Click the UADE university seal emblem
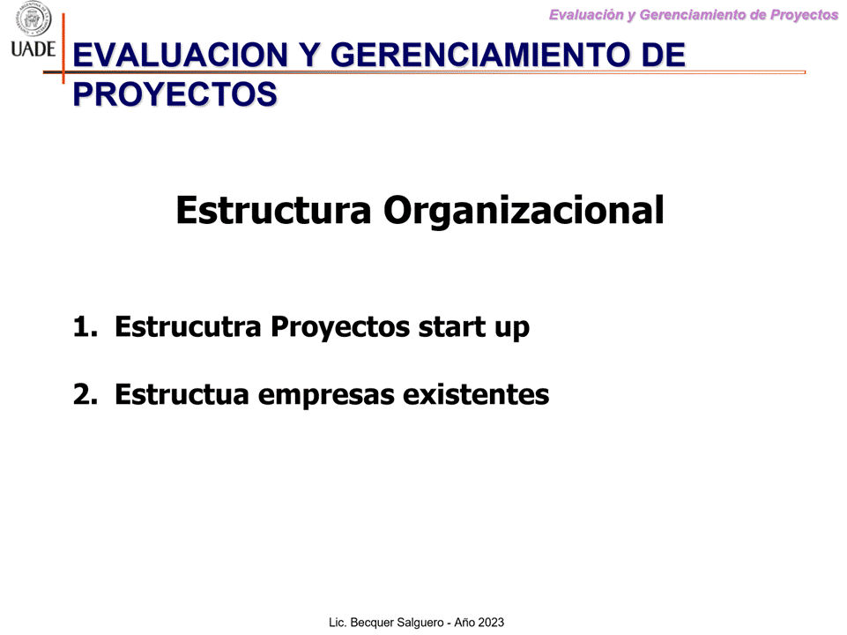point(33,19)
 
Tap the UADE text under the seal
point(33,49)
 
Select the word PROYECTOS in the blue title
point(175,94)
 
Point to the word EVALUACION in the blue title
point(181,56)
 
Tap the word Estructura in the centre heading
point(274,210)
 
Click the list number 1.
point(85,327)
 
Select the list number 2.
point(85,394)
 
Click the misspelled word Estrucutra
point(188,327)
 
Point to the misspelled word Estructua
point(182,394)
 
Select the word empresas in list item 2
point(326,396)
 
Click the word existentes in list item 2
point(477,394)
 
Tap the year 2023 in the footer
point(491,623)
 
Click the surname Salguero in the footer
point(419,624)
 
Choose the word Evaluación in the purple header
point(587,15)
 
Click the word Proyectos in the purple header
point(805,16)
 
